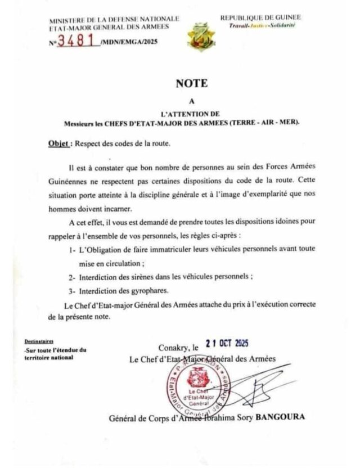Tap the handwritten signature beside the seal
point(259,388)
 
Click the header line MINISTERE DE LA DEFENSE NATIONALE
point(114,19)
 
